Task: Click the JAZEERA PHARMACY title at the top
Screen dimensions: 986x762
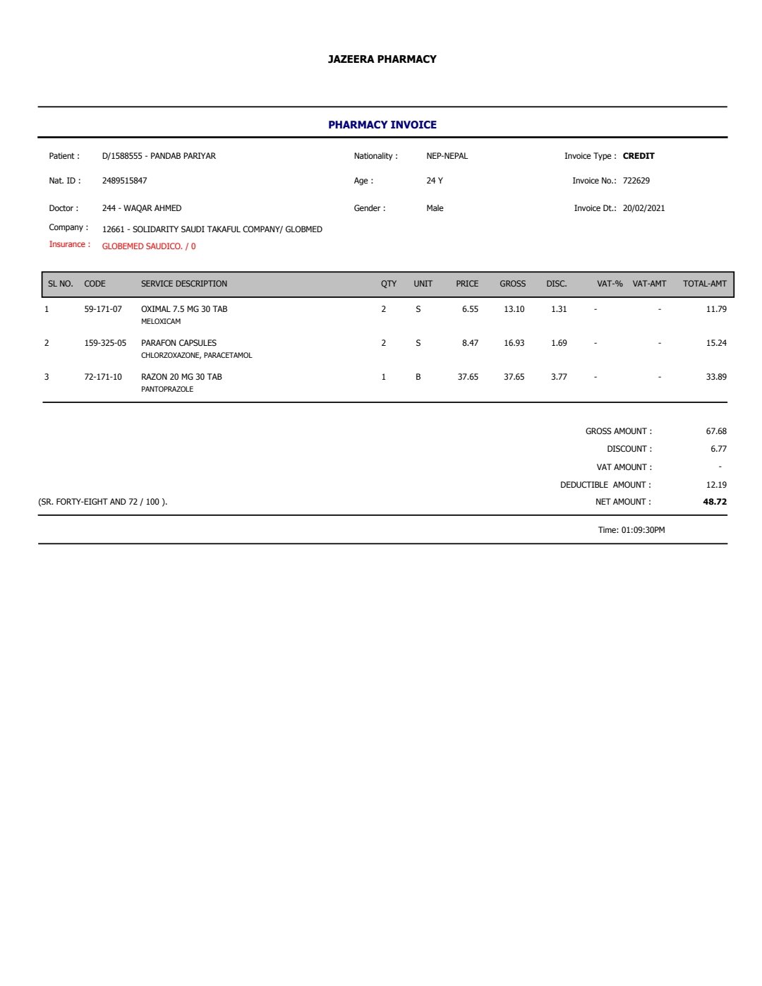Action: [x=382, y=59]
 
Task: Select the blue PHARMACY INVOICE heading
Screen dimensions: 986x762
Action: [x=382, y=125]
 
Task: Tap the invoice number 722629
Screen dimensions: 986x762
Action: [x=636, y=181]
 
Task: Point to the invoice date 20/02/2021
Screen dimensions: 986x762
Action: [x=643, y=208]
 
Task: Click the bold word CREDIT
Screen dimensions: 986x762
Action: [x=639, y=156]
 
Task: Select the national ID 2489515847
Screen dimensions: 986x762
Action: [x=124, y=181]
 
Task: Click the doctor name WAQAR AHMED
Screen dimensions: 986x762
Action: [x=152, y=208]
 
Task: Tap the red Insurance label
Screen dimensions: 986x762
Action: [x=69, y=244]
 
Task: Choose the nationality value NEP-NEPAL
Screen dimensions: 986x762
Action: [x=447, y=156]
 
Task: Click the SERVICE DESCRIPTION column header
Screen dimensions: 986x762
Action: [x=183, y=284]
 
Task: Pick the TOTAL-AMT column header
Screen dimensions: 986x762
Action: [x=704, y=284]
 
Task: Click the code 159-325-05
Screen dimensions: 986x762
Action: [x=105, y=343]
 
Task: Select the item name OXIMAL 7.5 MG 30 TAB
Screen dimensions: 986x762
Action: [x=183, y=309]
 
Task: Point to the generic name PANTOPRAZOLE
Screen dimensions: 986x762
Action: [x=167, y=389]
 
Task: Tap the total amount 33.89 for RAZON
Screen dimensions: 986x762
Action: [x=716, y=377]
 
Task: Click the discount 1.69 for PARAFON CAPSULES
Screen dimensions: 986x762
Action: [x=559, y=343]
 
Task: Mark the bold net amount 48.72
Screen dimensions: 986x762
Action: [x=715, y=502]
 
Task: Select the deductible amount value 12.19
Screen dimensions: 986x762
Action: [x=716, y=485]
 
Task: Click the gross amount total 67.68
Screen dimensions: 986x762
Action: [x=716, y=431]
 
